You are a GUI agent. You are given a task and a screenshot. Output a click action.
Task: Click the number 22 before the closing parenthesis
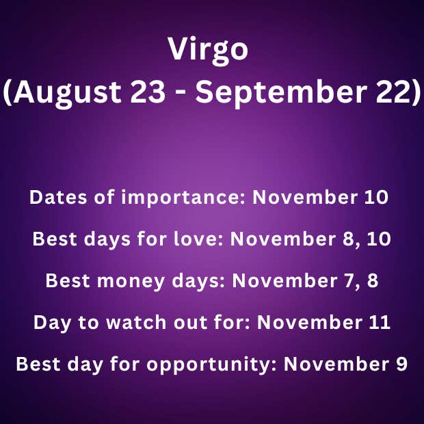(393, 93)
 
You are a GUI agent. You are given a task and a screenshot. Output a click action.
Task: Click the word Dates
(57, 198)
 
